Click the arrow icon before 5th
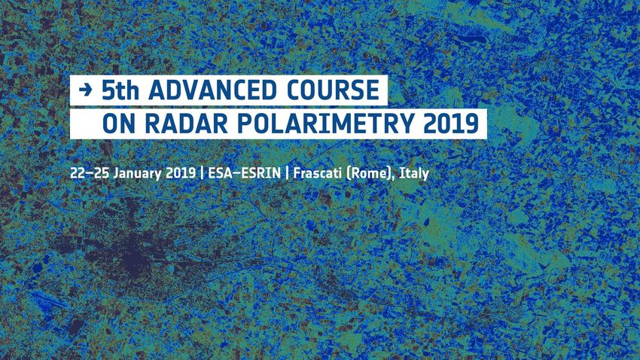coord(85,90)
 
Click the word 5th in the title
coord(120,90)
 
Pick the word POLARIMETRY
coord(326,124)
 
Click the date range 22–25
coord(90,173)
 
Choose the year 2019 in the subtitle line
coord(181,173)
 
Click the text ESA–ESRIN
coord(244,173)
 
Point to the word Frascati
coord(318,173)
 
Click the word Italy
coord(414,174)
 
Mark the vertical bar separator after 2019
coord(202,173)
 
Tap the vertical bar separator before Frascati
coord(287,173)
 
